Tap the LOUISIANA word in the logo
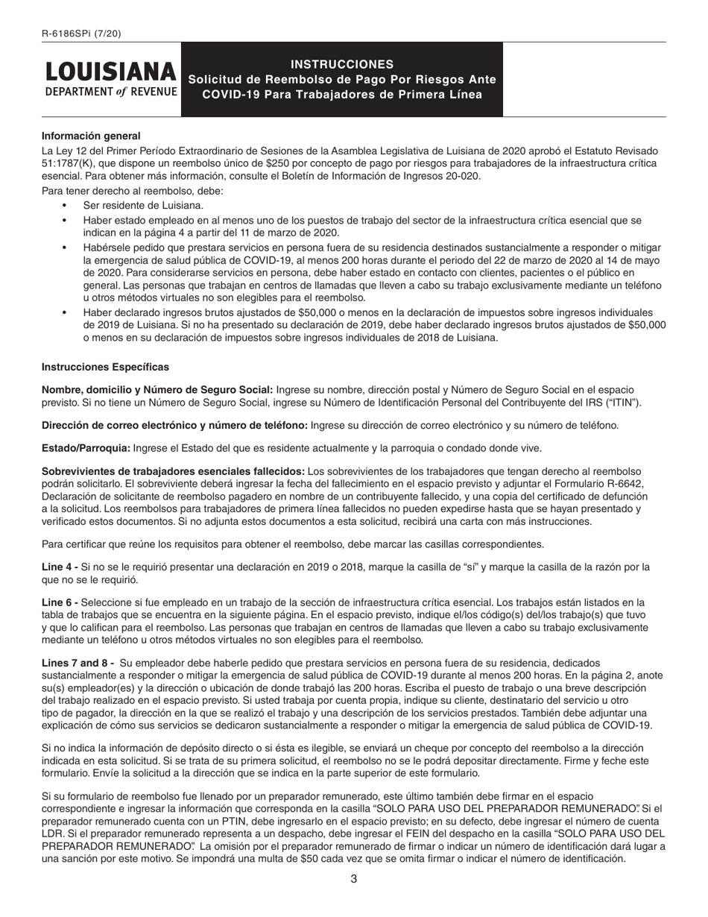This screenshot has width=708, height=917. [x=111, y=72]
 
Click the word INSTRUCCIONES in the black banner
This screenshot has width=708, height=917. [x=341, y=64]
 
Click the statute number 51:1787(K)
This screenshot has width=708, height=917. [x=72, y=164]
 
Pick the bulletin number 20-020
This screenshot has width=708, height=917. [x=464, y=176]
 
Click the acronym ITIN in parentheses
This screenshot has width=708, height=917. [x=625, y=403]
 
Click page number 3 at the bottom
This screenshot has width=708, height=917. [x=354, y=879]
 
